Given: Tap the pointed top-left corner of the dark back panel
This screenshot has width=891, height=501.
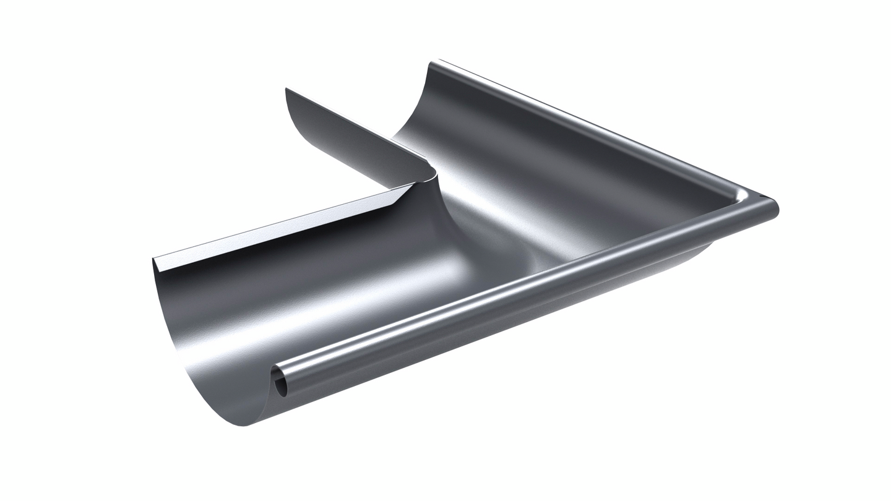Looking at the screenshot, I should (286, 90).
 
